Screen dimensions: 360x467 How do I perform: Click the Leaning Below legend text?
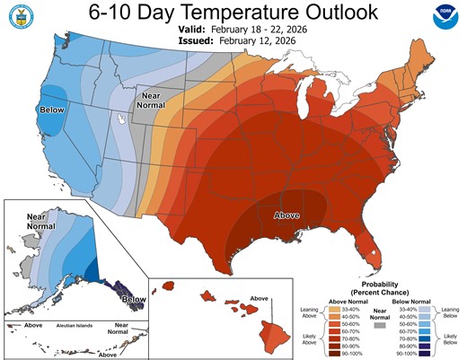tap(448, 312)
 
